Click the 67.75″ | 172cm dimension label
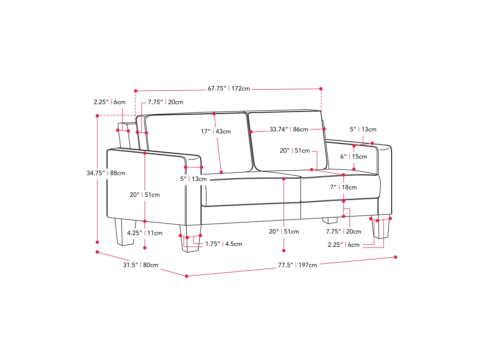click(x=229, y=89)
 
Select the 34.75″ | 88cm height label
click(x=106, y=173)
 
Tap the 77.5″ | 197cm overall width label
click(x=297, y=265)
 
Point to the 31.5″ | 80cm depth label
click(x=141, y=265)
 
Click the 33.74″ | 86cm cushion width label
click(x=289, y=129)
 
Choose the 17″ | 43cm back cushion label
click(x=216, y=132)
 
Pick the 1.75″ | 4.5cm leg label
click(x=224, y=244)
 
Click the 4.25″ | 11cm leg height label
click(x=144, y=233)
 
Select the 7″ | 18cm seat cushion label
click(x=343, y=187)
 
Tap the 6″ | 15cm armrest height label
click(x=353, y=156)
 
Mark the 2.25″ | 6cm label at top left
click(x=109, y=102)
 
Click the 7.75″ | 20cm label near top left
click(x=165, y=102)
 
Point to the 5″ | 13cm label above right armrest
click(x=363, y=129)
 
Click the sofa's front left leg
click(x=190, y=238)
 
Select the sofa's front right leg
click(x=381, y=227)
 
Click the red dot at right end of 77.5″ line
click(x=395, y=257)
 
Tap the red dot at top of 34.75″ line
click(x=97, y=116)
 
